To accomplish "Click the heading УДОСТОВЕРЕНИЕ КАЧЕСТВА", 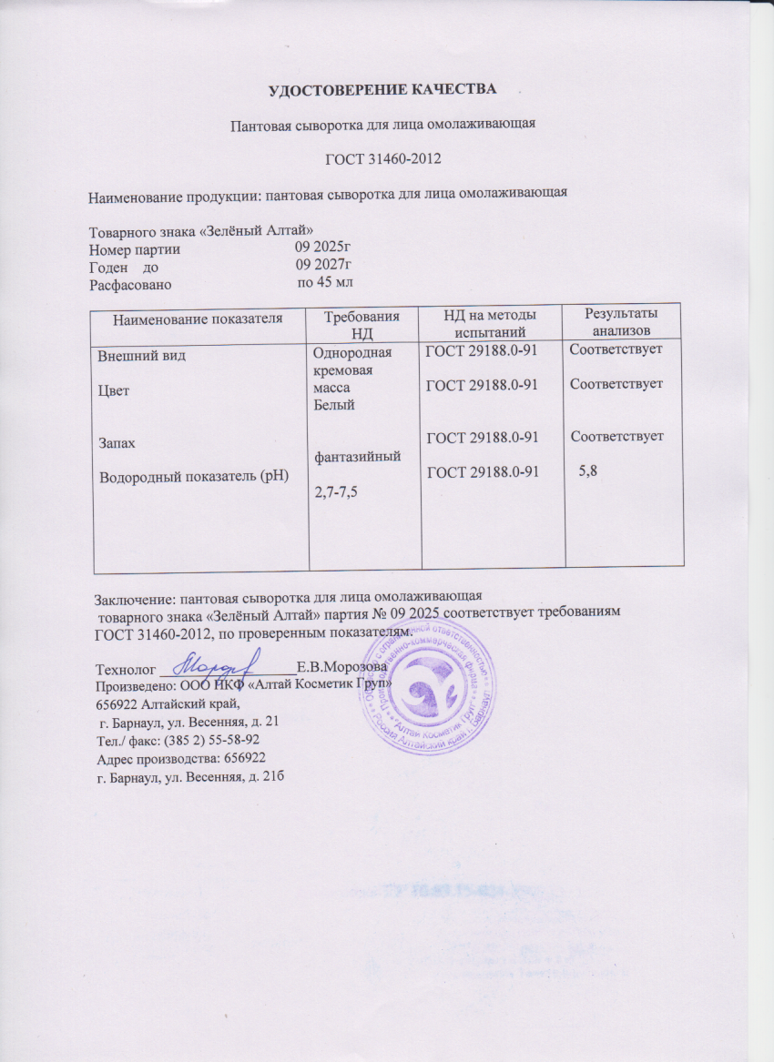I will pyautogui.click(x=383, y=89).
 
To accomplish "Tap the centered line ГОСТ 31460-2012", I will pyautogui.click(x=383, y=160).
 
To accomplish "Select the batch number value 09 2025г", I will pyautogui.click(x=323, y=248).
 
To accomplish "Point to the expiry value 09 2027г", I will pyautogui.click(x=324, y=265).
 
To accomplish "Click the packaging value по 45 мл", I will pyautogui.click(x=325, y=283).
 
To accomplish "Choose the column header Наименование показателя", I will pyautogui.click(x=197, y=318).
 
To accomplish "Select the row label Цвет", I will pyautogui.click(x=114, y=389).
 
